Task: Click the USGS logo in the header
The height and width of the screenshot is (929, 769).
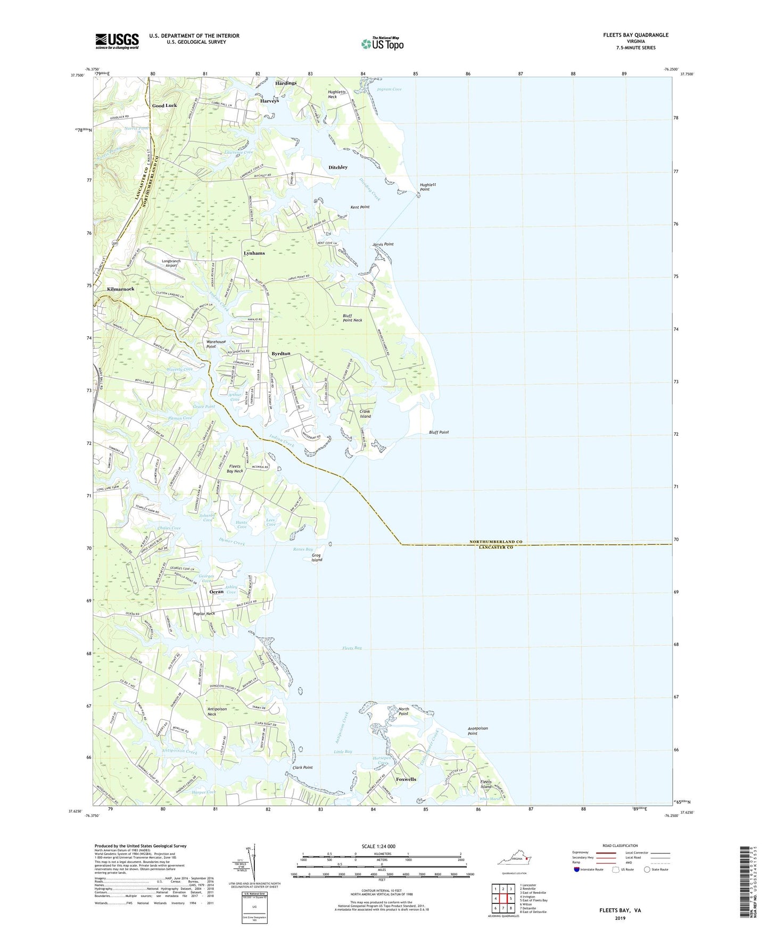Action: tap(117, 41)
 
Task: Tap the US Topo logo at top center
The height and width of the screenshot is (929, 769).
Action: tap(382, 44)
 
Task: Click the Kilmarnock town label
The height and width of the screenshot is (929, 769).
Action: tap(121, 289)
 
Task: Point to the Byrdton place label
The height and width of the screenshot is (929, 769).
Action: tap(280, 354)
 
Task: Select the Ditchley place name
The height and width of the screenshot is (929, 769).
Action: tap(337, 167)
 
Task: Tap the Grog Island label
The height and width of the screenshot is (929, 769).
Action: tap(317, 558)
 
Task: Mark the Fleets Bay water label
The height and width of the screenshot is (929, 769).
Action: tap(352, 648)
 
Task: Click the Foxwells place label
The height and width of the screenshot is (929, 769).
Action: tap(406, 779)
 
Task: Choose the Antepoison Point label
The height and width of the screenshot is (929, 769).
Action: tap(477, 731)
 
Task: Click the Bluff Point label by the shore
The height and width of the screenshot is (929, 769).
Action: tap(439, 432)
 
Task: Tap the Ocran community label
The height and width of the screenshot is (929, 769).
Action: tap(217, 592)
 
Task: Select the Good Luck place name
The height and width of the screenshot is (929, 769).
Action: tap(164, 105)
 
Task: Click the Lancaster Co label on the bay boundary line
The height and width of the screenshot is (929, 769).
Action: tap(495, 548)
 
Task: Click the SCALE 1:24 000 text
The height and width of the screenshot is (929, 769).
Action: tap(378, 847)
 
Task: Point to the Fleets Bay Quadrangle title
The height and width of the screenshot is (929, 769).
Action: tap(628, 35)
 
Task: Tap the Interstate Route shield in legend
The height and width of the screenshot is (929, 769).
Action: tap(577, 869)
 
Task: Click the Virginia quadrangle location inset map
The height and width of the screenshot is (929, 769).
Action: tap(513, 860)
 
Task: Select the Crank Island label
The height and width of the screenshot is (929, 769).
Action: tap(365, 414)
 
